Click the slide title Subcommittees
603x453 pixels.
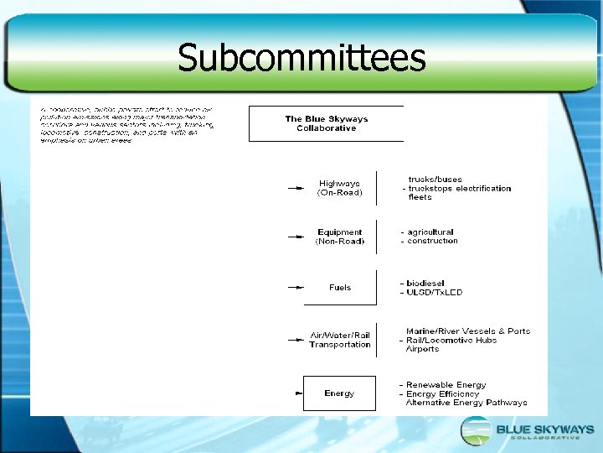click(x=301, y=58)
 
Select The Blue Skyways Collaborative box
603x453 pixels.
click(x=327, y=123)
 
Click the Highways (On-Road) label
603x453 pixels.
click(x=340, y=188)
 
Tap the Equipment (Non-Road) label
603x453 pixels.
click(x=340, y=237)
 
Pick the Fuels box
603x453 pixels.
click(x=340, y=288)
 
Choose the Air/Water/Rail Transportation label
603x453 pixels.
click(x=340, y=340)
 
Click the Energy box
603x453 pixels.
click(x=339, y=393)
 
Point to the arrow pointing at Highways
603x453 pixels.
click(x=296, y=189)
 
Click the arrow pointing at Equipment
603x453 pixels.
click(x=296, y=237)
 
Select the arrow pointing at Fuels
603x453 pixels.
click(x=296, y=288)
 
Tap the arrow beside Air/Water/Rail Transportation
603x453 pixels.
click(x=296, y=341)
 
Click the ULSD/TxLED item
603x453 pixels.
click(x=435, y=292)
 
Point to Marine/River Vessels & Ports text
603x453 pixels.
click(x=468, y=331)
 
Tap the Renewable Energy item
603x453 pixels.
click(x=446, y=385)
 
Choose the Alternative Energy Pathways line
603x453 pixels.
click(x=466, y=403)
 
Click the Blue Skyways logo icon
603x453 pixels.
click(x=477, y=430)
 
